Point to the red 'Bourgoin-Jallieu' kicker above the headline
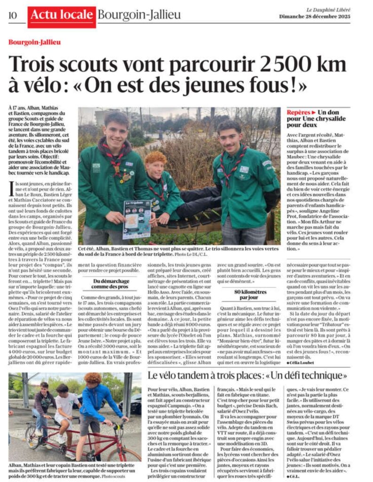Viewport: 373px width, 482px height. tap(34, 42)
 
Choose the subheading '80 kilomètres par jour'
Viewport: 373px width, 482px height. tap(247, 295)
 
